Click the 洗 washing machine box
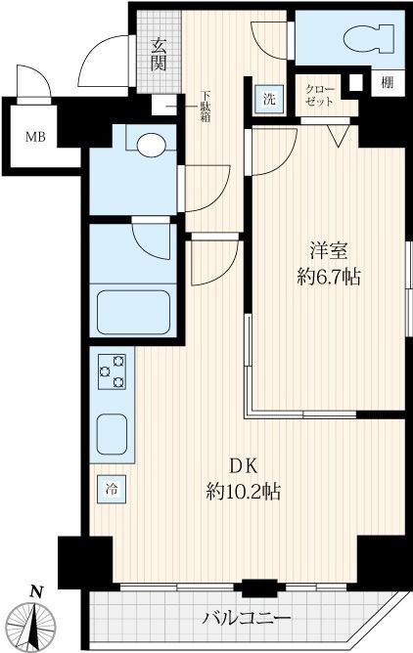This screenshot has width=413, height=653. [267, 98]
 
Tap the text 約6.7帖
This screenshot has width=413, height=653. [328, 277]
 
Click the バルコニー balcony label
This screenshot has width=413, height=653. [247, 618]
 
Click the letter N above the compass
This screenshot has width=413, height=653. [37, 590]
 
